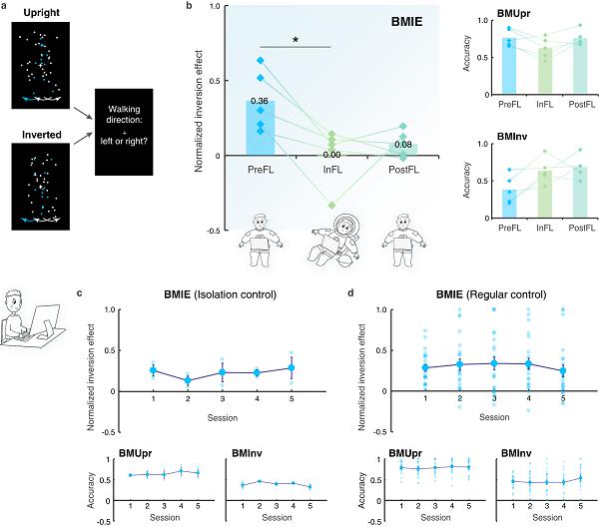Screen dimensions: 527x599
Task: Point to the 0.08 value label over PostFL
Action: pos(403,145)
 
